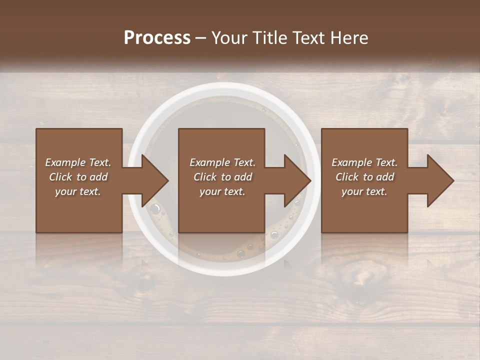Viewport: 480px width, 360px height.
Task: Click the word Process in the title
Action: (x=157, y=38)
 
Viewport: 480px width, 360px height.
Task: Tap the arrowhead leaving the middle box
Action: (x=297, y=180)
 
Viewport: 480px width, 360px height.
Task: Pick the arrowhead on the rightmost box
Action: (x=440, y=180)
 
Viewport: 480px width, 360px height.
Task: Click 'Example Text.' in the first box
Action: (x=78, y=162)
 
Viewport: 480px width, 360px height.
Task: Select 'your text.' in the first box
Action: (x=78, y=191)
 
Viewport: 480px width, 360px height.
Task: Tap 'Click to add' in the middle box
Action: (x=222, y=177)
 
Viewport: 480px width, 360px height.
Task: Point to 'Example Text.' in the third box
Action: (x=364, y=162)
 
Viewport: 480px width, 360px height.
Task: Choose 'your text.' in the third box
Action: (x=364, y=191)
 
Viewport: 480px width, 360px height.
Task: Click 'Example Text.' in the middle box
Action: (x=222, y=162)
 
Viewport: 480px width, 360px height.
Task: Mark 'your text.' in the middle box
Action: (x=222, y=191)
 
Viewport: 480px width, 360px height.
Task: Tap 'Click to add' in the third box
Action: (x=364, y=177)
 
